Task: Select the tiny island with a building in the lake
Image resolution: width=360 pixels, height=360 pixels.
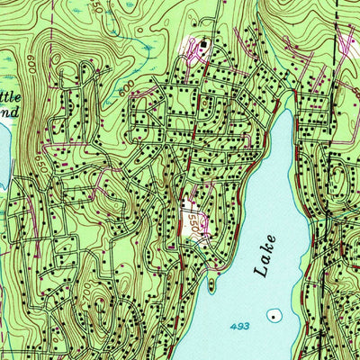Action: (x=273, y=317)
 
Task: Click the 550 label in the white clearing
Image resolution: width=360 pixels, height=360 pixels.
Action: (x=193, y=221)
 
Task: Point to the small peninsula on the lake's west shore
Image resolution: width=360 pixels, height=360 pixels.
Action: (x=210, y=284)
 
